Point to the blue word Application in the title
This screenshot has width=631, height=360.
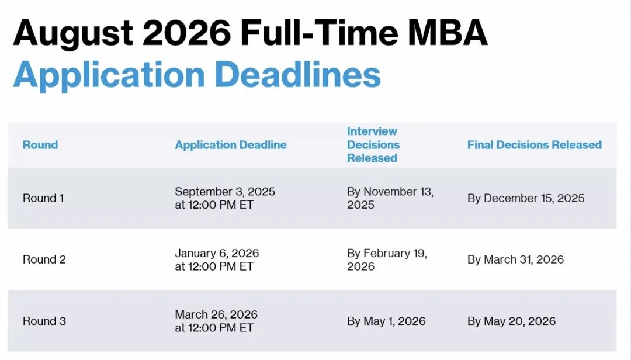pos(109,77)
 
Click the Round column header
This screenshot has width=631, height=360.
pos(40,144)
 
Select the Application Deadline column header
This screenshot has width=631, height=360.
pos(231,144)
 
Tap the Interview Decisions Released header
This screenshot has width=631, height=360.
pos(373,144)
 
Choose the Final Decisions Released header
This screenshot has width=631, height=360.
pos(535,144)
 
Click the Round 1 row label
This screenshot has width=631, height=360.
pos(43,198)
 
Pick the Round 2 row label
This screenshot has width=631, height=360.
pos(44,259)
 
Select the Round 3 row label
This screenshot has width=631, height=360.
pos(44,321)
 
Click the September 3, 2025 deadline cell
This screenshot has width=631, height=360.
pos(225,198)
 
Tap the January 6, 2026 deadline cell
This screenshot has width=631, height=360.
pos(217,259)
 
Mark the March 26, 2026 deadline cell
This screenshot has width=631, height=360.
pos(216,321)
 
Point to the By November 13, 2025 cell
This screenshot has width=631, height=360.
pos(390,198)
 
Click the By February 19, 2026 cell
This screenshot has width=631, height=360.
pos(387,259)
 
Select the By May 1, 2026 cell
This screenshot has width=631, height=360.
pos(386,321)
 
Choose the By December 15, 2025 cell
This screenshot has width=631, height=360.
pos(526,198)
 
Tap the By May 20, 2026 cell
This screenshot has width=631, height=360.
pos(511,321)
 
